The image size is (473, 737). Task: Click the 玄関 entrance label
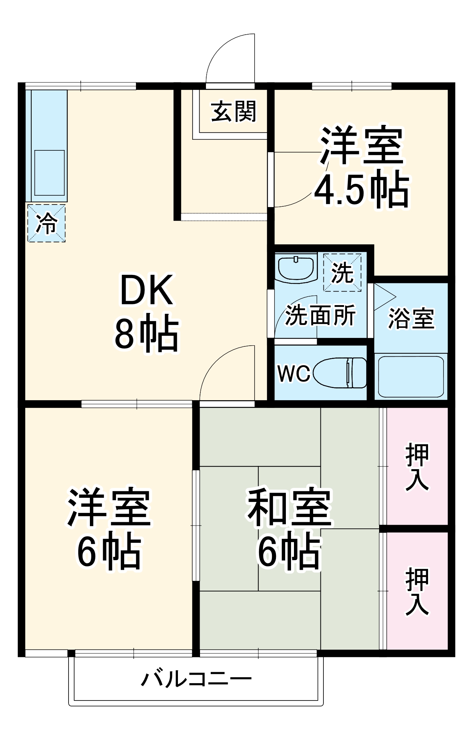coord(234,111)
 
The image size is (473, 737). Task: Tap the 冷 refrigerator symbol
coord(46,223)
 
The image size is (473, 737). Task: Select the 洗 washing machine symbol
coord(342,273)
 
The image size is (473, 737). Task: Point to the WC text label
coord(294,373)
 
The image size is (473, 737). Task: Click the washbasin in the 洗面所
coord(296,268)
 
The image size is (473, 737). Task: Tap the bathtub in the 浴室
coord(411,377)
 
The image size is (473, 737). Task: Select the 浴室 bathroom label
coord(411,318)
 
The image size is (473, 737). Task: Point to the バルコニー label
coord(197,679)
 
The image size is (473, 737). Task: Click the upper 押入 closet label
coord(417,467)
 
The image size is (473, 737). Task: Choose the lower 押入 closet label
coord(417,592)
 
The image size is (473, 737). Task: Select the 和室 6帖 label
coord(290,528)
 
